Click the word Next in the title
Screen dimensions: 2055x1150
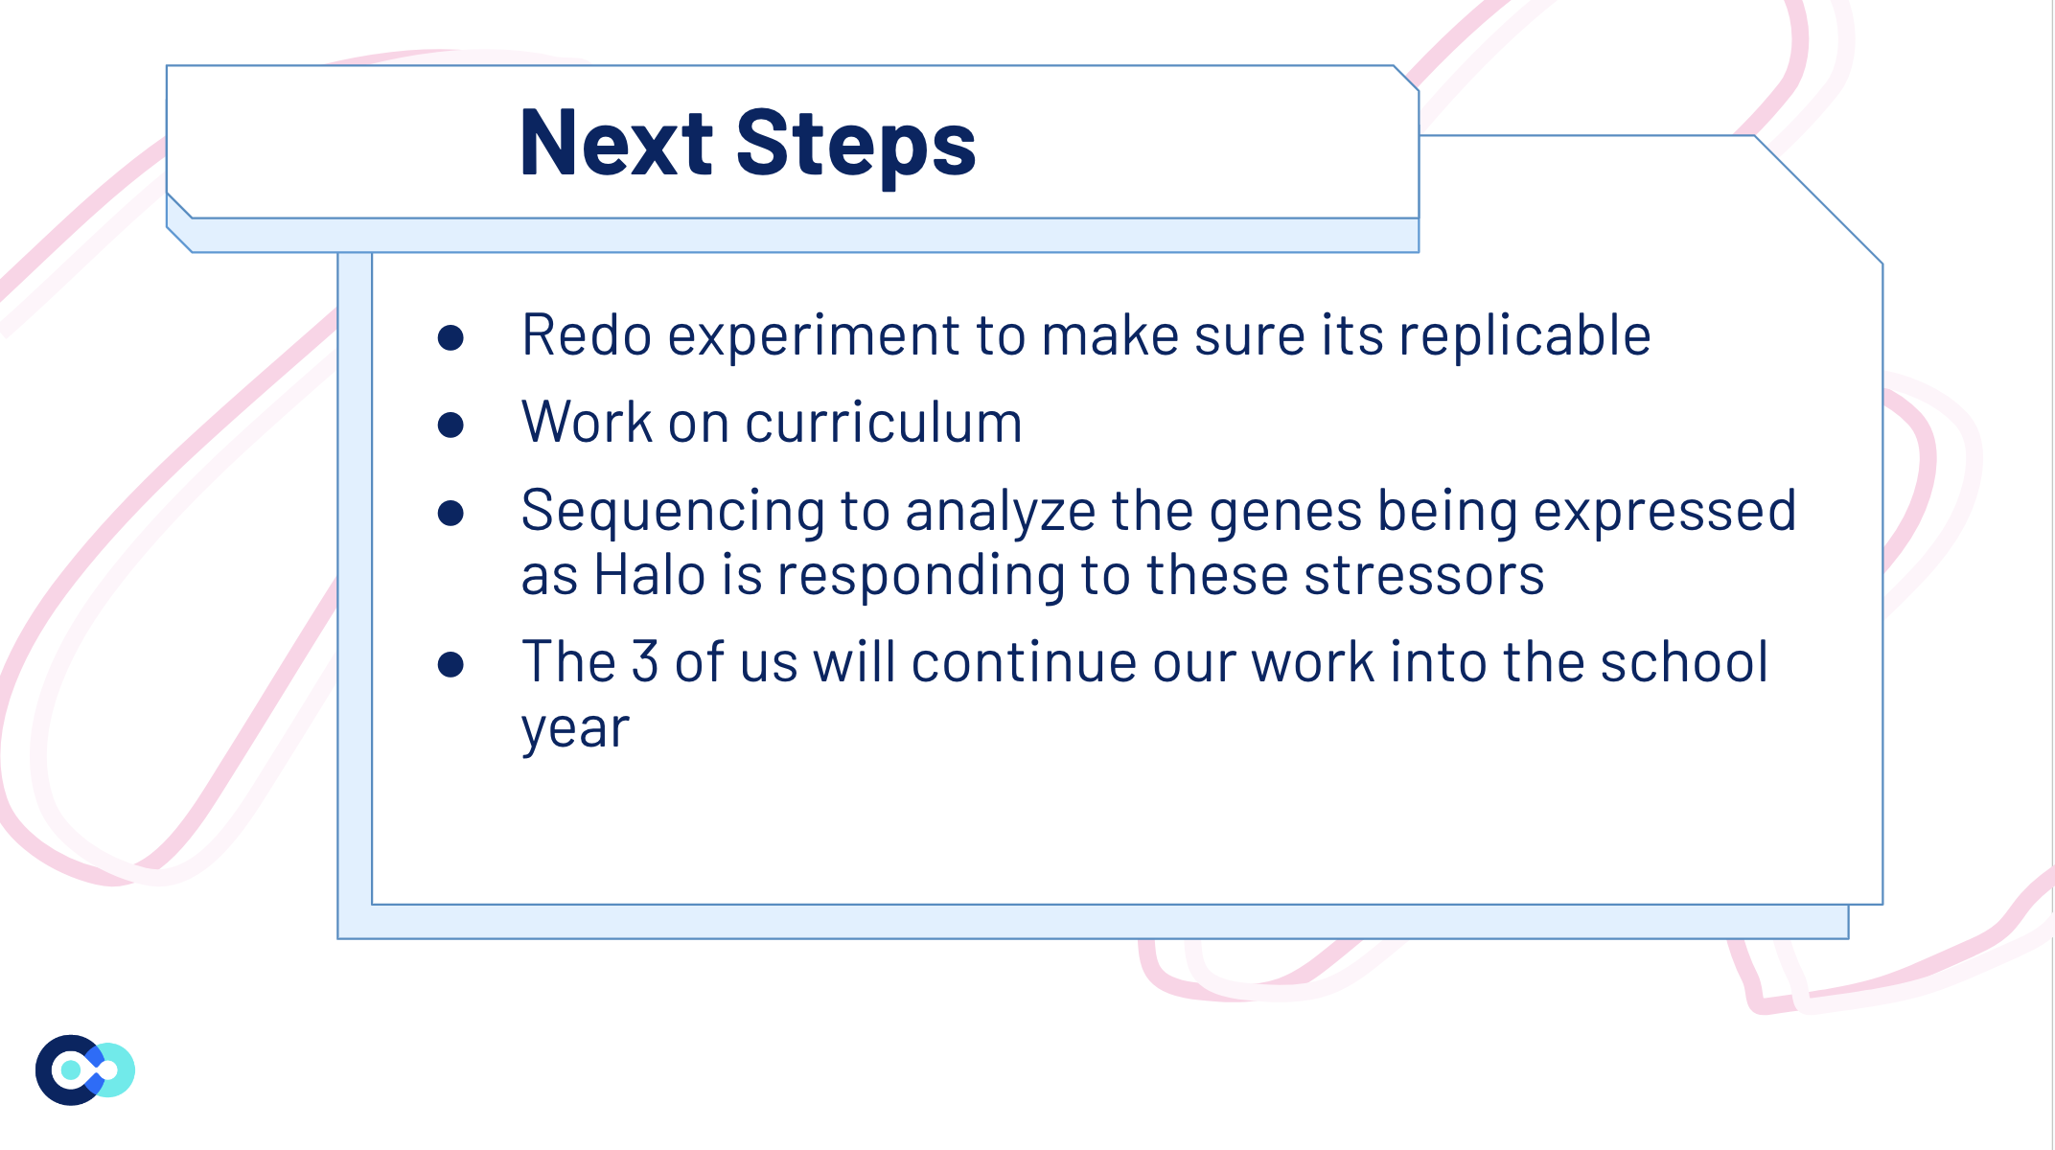616,143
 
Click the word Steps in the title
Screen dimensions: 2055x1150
856,145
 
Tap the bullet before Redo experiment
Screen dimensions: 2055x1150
450,337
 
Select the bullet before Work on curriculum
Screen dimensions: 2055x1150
450,425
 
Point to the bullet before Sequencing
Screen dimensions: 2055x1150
450,513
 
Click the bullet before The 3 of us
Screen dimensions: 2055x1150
450,664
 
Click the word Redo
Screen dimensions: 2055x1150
587,335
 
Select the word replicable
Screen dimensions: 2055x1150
1524,335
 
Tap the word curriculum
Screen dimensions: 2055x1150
883,423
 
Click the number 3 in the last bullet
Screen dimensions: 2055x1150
644,662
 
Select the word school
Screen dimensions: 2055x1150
1683,661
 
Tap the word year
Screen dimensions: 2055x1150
575,730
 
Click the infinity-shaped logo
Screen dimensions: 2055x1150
85,1069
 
